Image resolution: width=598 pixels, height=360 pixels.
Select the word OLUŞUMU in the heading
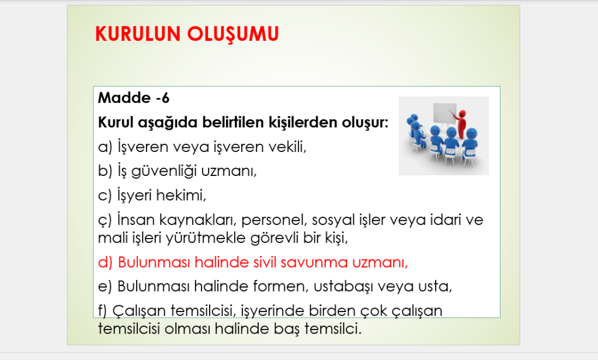233,34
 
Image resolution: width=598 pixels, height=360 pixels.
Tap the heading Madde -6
134,98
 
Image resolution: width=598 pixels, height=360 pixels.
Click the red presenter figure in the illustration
461,123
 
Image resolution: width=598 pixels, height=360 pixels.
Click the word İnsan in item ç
135,220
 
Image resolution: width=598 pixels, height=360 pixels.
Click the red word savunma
314,262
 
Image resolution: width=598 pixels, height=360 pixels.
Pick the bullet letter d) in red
105,262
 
